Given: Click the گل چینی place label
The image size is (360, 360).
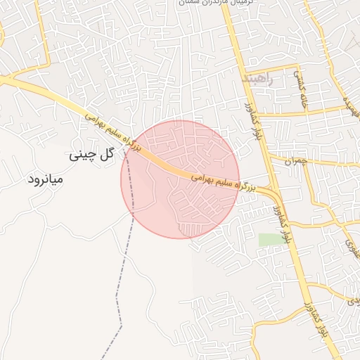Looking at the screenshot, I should [91, 155].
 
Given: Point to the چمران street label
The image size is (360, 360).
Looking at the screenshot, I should [299, 160].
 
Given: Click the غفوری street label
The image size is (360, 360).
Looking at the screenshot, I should [350, 244].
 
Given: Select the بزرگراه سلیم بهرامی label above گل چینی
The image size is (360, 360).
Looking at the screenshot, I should [112, 131].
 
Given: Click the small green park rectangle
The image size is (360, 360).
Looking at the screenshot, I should [269, 240].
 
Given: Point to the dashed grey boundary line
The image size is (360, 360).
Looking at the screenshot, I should [126, 281].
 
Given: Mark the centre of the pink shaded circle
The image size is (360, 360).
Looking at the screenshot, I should [180, 179].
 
